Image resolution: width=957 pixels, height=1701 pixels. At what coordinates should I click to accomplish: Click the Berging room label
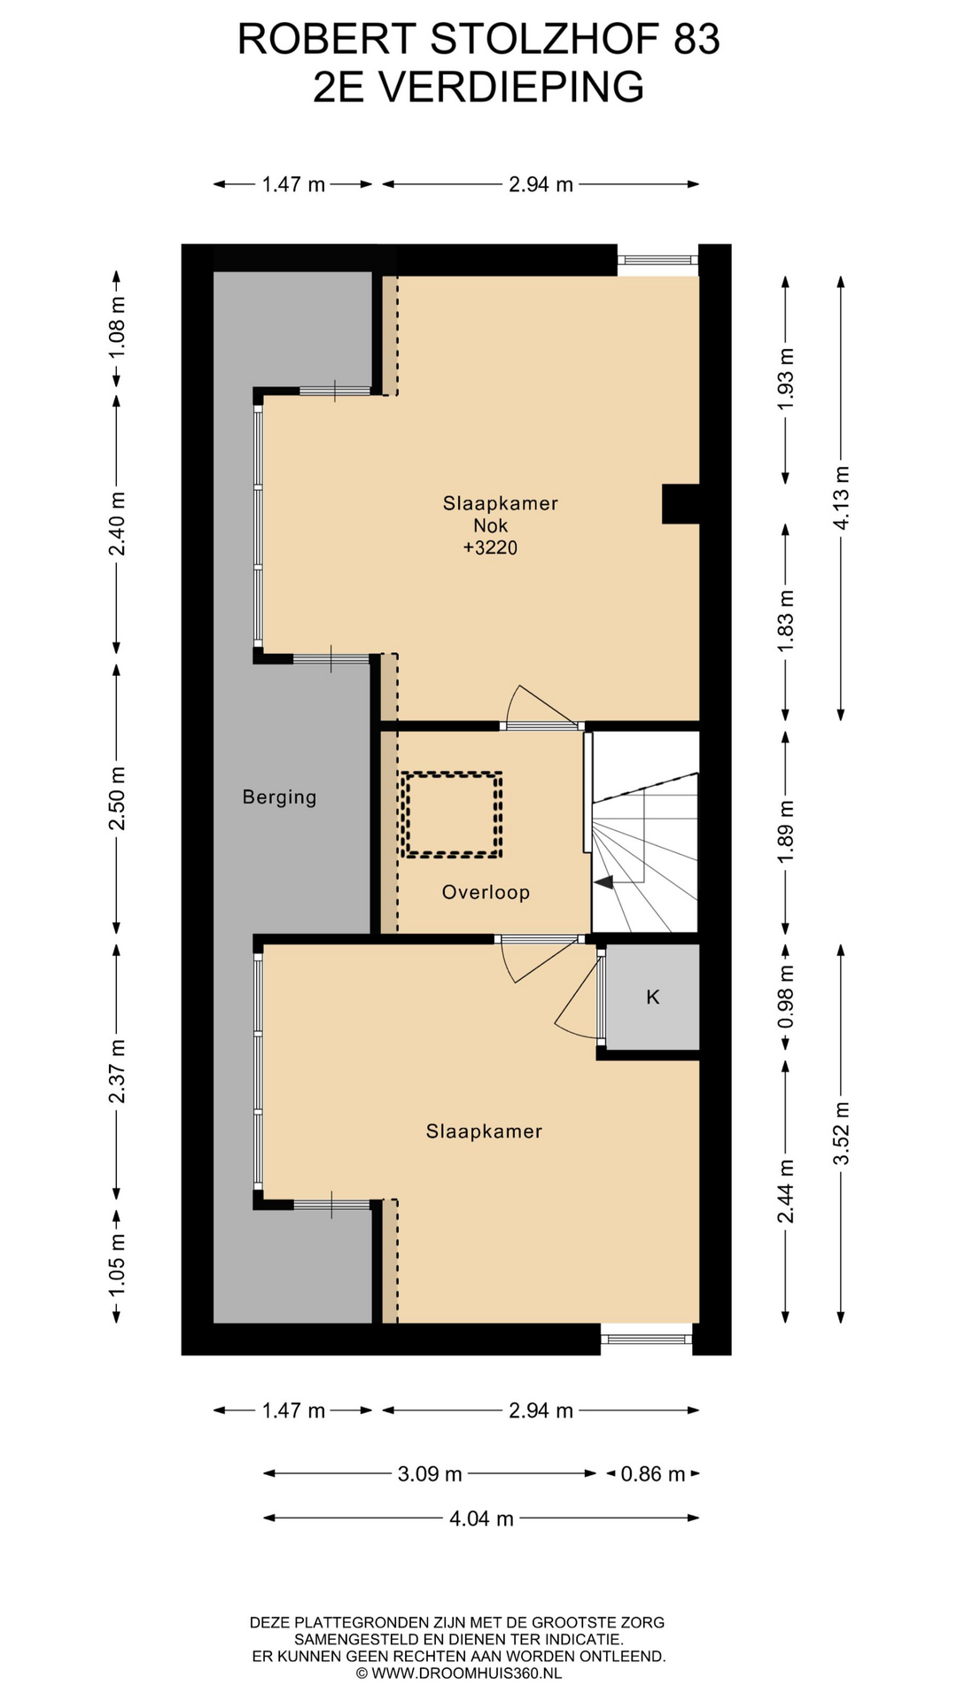point(279,797)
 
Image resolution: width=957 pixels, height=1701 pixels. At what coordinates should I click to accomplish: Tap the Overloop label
point(486,892)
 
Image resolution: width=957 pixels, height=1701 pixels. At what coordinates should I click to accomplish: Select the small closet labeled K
point(653,997)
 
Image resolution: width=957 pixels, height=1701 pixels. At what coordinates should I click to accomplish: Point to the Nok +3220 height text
point(490,537)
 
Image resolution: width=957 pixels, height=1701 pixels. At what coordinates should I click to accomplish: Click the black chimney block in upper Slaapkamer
point(681,504)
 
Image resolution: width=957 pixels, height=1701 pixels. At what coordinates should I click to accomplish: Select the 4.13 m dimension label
point(841,498)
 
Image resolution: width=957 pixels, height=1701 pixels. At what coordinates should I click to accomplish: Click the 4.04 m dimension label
point(481,1518)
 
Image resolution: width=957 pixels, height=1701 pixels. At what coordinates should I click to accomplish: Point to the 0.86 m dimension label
point(653,1474)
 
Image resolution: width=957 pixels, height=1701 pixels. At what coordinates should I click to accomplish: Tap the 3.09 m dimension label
point(430,1474)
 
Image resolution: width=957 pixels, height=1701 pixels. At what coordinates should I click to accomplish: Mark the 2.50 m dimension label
point(116,798)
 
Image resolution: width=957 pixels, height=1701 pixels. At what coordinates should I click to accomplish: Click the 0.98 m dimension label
point(785,997)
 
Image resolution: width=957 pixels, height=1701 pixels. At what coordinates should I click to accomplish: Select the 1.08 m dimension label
point(116,327)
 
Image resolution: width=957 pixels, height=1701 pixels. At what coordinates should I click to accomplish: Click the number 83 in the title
point(696,39)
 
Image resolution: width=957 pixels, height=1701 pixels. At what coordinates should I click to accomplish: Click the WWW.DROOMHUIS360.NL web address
point(466,1674)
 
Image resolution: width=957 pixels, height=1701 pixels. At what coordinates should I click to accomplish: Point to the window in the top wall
point(658,260)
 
